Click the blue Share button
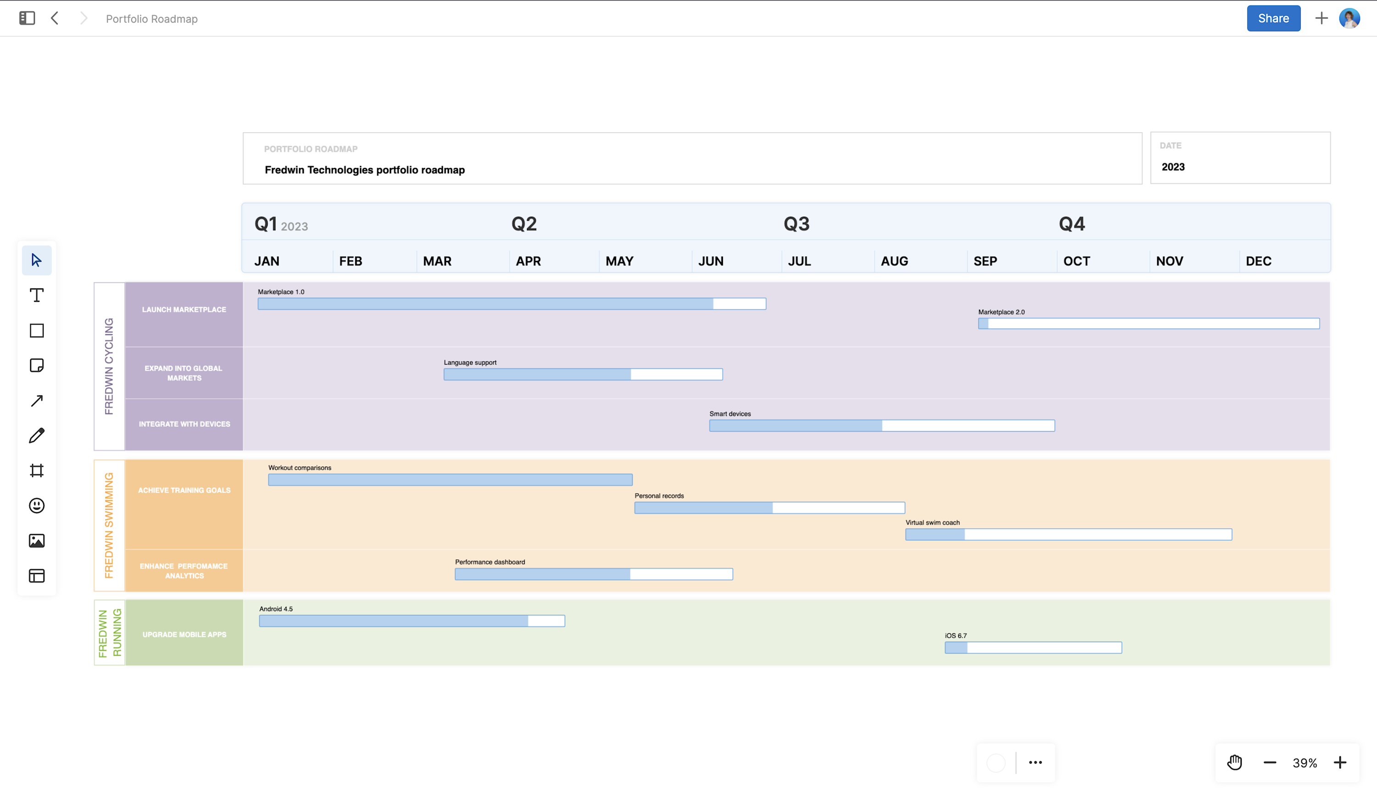point(1273,18)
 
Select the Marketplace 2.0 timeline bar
point(1148,324)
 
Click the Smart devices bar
point(881,426)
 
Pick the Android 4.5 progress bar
point(411,621)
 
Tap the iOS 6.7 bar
point(1033,647)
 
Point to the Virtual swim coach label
point(932,523)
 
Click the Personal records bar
point(769,508)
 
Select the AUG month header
point(894,261)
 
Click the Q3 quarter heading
point(796,224)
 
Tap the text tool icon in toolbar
point(37,295)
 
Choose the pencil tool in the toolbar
point(37,436)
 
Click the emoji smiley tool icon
point(37,506)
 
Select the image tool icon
point(37,540)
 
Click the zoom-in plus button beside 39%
point(1339,762)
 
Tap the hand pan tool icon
point(1234,762)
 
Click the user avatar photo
point(1349,18)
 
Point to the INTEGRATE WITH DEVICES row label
point(184,424)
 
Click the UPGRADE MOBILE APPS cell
point(184,635)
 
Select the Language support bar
point(582,374)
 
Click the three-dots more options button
point(1035,762)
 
